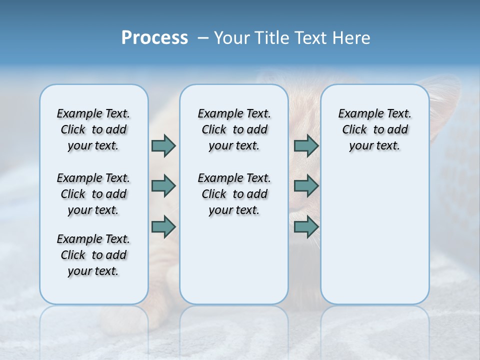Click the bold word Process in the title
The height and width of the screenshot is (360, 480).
(x=154, y=37)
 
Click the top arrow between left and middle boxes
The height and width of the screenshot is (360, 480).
(x=163, y=145)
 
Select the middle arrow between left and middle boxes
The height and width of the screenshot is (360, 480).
(x=163, y=186)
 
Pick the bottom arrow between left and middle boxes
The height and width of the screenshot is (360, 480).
(x=163, y=226)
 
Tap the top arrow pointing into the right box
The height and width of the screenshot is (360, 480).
(x=306, y=145)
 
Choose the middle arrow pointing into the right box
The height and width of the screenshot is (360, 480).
(x=306, y=186)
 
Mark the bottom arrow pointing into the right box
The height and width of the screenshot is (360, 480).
(x=306, y=226)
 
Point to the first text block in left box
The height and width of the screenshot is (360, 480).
(x=93, y=129)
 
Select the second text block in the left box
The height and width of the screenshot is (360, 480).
(x=93, y=194)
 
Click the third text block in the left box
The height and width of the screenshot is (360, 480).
(x=93, y=255)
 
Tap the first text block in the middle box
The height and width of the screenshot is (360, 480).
(x=234, y=129)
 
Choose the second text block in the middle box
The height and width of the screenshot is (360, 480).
(x=234, y=194)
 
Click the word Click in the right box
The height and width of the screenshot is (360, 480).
(x=354, y=130)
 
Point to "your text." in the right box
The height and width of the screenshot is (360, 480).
(x=374, y=146)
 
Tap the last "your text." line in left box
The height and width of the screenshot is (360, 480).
(x=93, y=271)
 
